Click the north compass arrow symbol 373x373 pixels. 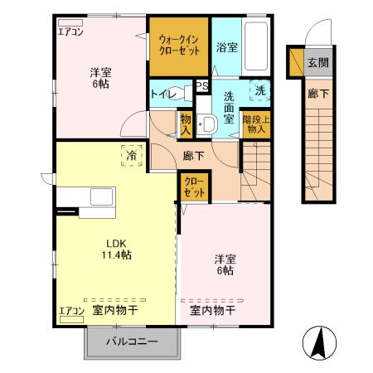point(319,342)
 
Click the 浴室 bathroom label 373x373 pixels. point(226,47)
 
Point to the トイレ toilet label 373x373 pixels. point(162,94)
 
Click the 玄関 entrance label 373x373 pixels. point(317,62)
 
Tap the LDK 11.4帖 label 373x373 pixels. point(116,249)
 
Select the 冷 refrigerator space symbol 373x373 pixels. point(132,154)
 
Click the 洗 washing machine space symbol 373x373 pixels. point(260,90)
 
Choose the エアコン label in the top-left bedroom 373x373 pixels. point(70,33)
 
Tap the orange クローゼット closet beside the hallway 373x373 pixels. point(194,187)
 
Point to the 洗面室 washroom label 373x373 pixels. point(230,107)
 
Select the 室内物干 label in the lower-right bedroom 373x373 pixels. point(212,311)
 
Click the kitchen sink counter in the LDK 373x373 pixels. point(88,201)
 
